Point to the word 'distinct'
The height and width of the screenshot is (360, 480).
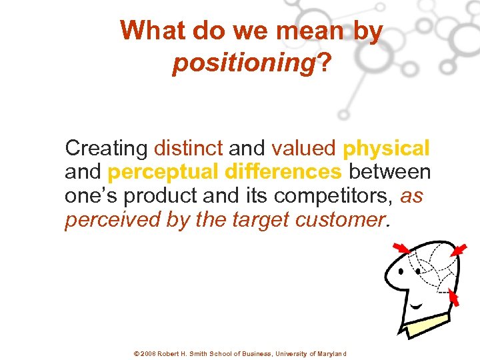[x=187, y=147]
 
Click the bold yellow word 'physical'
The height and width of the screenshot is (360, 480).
[x=387, y=148]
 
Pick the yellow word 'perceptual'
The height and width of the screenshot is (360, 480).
[x=163, y=172]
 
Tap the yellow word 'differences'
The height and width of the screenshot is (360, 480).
[x=283, y=172]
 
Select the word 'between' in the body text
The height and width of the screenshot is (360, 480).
[x=390, y=172]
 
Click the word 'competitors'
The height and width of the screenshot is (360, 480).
[x=339, y=197]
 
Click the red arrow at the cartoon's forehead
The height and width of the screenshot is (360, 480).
[x=401, y=249]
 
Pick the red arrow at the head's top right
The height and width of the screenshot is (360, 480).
[x=457, y=249]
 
